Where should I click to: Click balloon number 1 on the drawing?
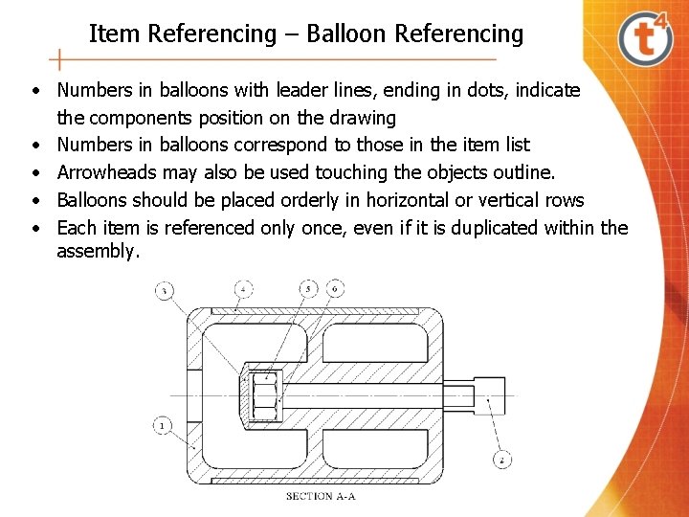pyautogui.click(x=164, y=424)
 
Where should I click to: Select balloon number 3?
pyautogui.click(x=166, y=289)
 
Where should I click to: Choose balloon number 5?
pyautogui.click(x=307, y=287)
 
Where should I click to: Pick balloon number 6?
pyautogui.click(x=336, y=287)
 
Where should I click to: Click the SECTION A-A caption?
pyautogui.click(x=321, y=496)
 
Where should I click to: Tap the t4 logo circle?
pyautogui.click(x=645, y=37)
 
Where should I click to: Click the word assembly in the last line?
pyautogui.click(x=97, y=251)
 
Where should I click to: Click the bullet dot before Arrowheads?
pyautogui.click(x=34, y=172)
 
